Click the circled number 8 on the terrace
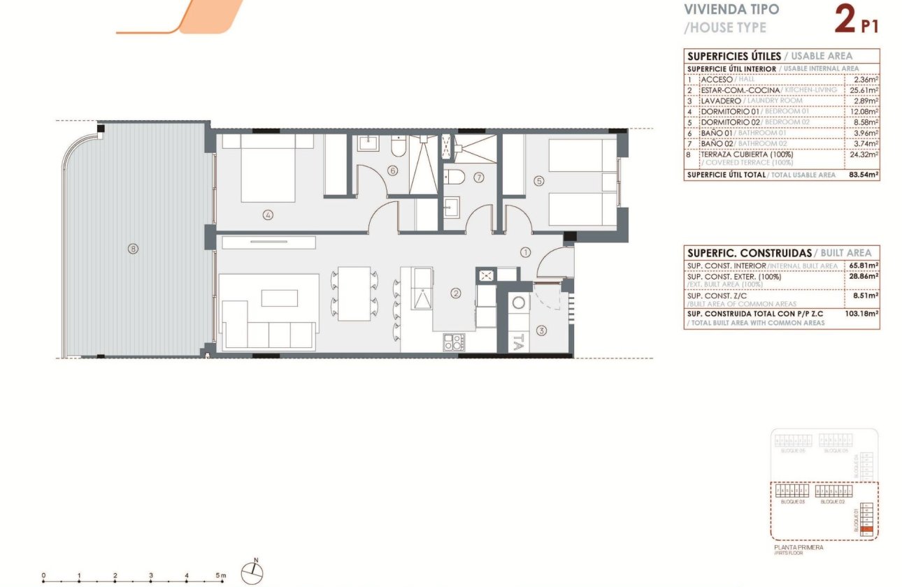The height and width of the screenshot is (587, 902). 133,248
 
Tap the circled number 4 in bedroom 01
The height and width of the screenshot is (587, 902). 268,215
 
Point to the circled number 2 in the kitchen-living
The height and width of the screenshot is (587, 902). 455,294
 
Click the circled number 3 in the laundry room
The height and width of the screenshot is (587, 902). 541,331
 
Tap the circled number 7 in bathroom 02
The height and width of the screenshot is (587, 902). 479,177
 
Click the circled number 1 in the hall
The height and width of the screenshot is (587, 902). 526,252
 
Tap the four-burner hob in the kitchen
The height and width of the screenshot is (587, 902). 453,342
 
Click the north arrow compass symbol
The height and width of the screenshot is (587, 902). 252,573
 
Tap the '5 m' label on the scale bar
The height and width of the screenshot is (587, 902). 221,576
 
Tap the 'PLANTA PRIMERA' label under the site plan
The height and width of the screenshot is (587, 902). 799,548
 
